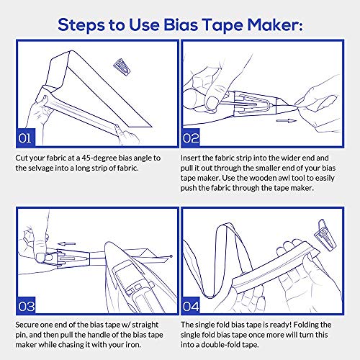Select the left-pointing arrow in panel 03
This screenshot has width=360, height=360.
[68, 223]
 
